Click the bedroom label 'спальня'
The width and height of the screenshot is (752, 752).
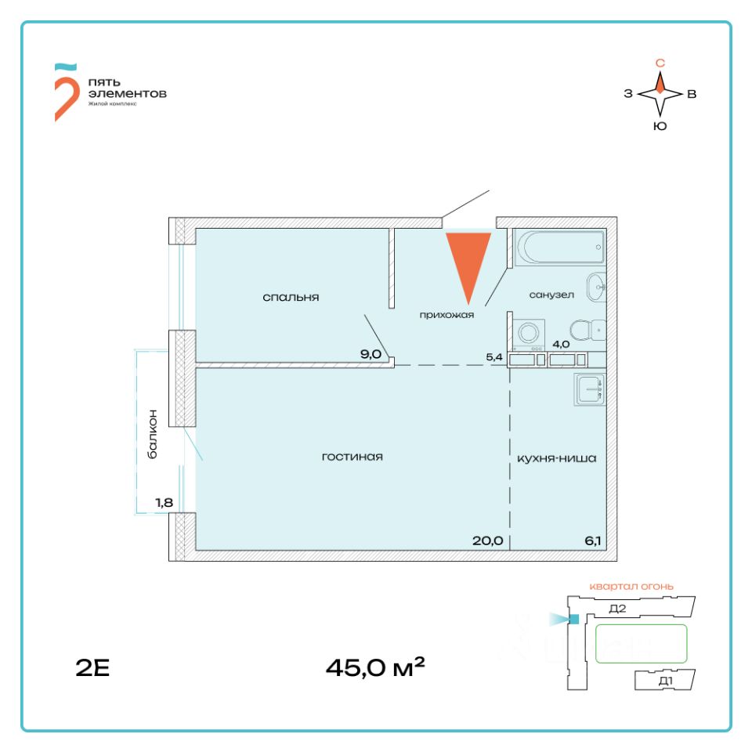coord(291,298)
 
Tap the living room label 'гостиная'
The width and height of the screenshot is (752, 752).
coord(352,456)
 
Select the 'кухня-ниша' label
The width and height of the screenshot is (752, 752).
coord(556,458)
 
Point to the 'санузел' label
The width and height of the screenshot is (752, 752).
coord(551,295)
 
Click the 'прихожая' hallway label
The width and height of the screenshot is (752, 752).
coord(447,315)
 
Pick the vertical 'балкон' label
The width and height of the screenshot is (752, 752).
coord(154,435)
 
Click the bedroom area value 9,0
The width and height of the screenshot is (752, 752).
coord(371,353)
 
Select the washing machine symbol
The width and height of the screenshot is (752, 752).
coord(530,333)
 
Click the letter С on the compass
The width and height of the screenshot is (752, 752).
coord(660,63)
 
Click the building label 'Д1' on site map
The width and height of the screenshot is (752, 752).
coord(666,681)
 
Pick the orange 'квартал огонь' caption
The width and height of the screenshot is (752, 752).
coord(631,586)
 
